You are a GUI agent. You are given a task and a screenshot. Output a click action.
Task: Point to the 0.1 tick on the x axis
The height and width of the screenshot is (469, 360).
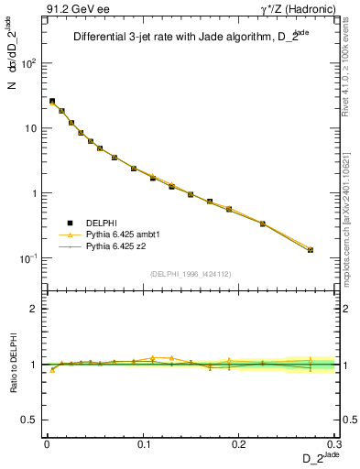pos(143,443)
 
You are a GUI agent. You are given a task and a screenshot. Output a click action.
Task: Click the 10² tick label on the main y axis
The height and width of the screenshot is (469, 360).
pos(29,63)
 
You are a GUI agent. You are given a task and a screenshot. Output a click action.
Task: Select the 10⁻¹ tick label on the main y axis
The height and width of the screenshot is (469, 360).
pos(29,258)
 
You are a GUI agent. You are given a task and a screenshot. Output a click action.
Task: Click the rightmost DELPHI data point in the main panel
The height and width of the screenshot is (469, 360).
pos(311,250)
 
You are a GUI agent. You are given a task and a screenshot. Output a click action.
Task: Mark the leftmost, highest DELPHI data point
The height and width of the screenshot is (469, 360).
pos(52,101)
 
